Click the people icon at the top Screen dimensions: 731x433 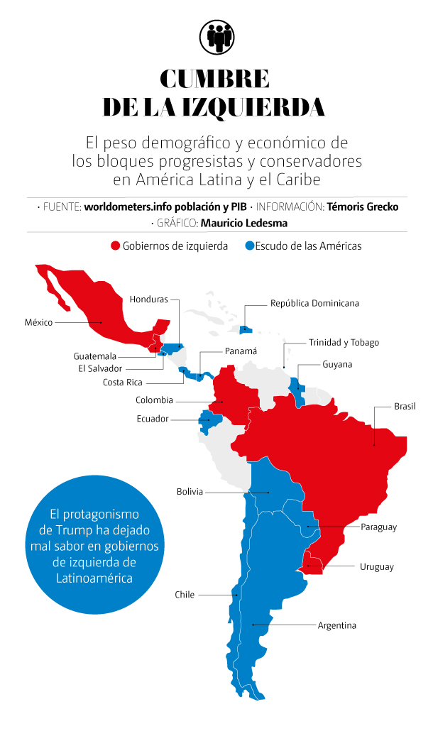216,36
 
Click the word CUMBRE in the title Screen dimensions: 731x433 214,78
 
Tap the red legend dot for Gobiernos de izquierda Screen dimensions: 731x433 115,246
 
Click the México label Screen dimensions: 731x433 38,322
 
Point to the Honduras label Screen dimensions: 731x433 149,299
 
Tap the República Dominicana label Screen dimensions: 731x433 314,303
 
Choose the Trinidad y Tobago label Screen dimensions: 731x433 344,342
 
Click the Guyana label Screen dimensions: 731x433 337,364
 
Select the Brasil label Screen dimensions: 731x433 405,407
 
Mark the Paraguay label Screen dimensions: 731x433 378,527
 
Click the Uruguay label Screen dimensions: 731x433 376,566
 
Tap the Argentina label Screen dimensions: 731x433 336,625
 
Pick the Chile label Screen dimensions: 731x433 185,595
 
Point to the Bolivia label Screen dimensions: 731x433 190,492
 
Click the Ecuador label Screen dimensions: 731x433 153,419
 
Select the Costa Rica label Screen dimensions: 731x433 123,383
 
